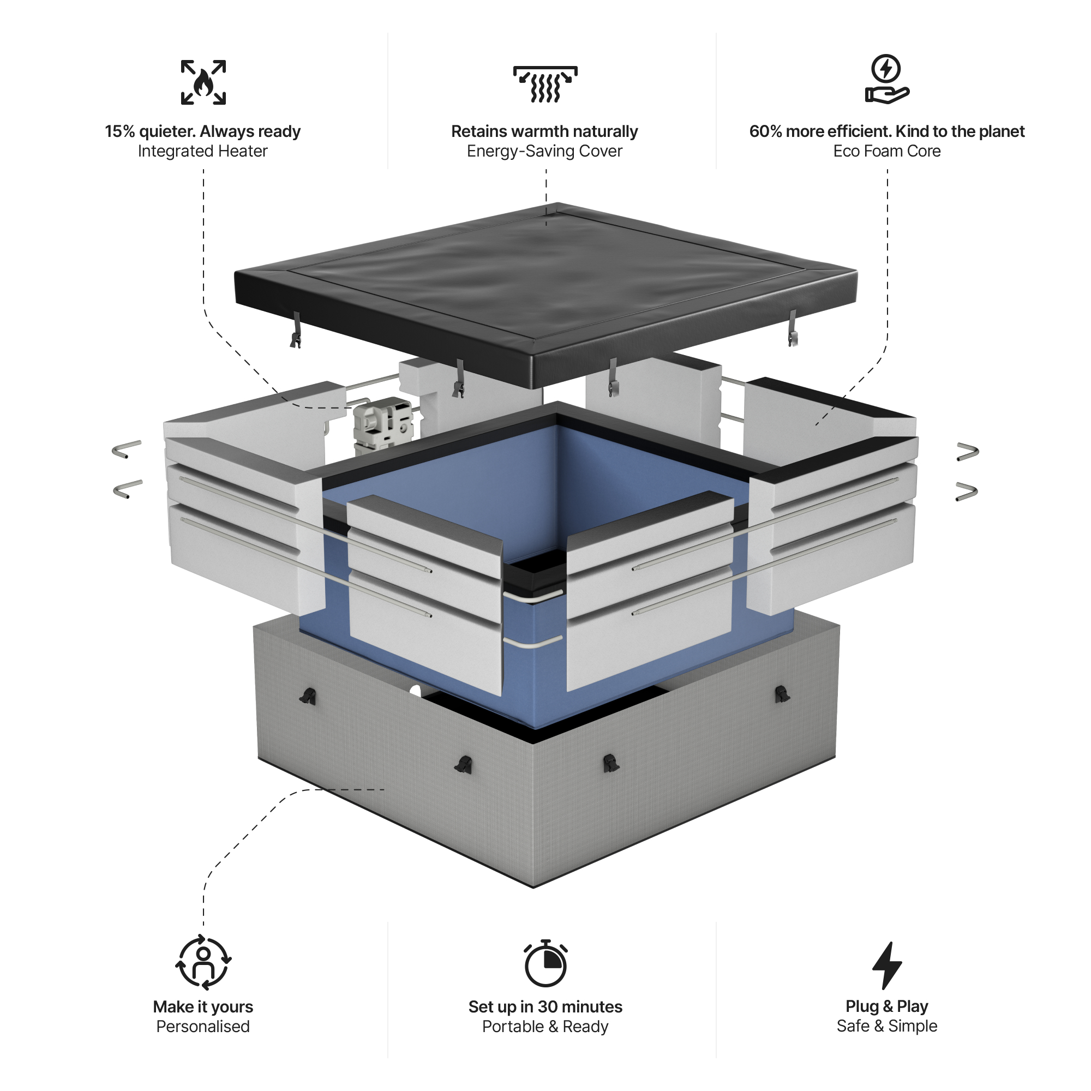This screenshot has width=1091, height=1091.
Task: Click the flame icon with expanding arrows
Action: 203,82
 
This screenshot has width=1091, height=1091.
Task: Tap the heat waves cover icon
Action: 545,84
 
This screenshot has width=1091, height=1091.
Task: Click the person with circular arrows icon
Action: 203,963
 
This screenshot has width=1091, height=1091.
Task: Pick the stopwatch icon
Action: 545,964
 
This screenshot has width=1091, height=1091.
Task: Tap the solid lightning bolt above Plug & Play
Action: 886,965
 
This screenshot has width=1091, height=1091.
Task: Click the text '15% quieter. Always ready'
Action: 203,131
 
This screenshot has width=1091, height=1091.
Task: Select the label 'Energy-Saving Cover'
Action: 544,151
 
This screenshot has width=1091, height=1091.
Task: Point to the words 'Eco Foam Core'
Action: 886,151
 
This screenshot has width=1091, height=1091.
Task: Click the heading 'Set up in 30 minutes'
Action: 545,1007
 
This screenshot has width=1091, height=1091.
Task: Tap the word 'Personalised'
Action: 203,1027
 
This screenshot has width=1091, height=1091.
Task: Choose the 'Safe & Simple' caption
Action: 886,1026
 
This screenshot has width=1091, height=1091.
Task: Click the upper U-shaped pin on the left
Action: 127,449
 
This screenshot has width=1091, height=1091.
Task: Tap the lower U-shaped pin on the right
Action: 966,492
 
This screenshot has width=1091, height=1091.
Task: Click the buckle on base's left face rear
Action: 308,696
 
